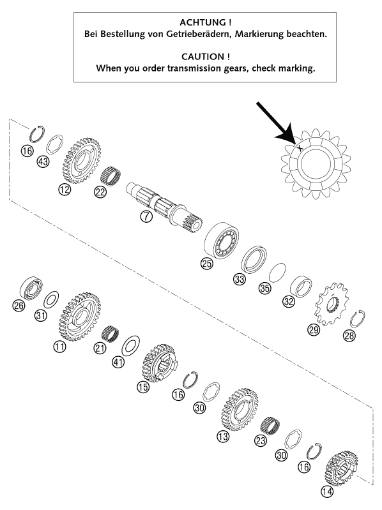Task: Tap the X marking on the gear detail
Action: click(300, 148)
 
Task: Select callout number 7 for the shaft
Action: click(146, 216)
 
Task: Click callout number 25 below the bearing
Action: click(206, 263)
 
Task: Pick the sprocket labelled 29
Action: click(331, 304)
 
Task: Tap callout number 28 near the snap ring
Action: click(349, 335)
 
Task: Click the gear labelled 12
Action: click(81, 160)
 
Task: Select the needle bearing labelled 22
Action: click(111, 177)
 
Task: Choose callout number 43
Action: click(43, 161)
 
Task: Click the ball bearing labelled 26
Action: click(31, 289)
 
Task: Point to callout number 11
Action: click(59, 347)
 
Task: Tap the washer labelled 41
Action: click(130, 346)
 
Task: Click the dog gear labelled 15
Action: click(160, 363)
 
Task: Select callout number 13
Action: click(223, 436)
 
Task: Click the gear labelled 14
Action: click(341, 469)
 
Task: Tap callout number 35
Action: click(264, 288)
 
